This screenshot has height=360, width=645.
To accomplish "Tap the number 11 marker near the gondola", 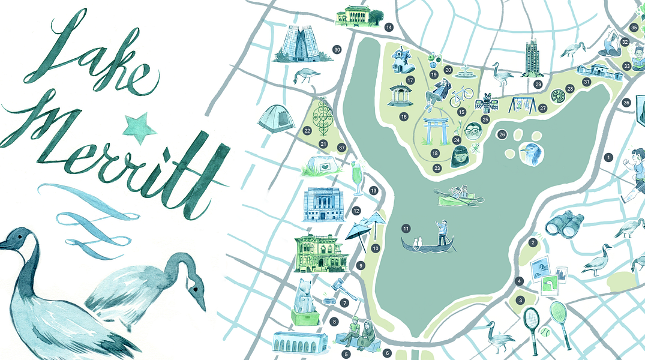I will pos(406,229).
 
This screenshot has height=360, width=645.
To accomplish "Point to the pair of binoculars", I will pos(564,224).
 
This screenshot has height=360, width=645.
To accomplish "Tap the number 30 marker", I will pos(337,50).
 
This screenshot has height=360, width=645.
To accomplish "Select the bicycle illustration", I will pos(461,94).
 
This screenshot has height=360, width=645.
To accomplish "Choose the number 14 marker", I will pos(389,27).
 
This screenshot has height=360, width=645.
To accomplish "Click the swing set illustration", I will pos(523,105).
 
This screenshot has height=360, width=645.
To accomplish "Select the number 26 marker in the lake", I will pos(502,134).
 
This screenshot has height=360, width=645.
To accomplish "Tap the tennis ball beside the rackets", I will pos(545,331).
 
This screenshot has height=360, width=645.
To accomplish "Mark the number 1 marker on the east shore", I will pos(608,158).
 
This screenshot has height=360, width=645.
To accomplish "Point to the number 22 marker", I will pos(307,130).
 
